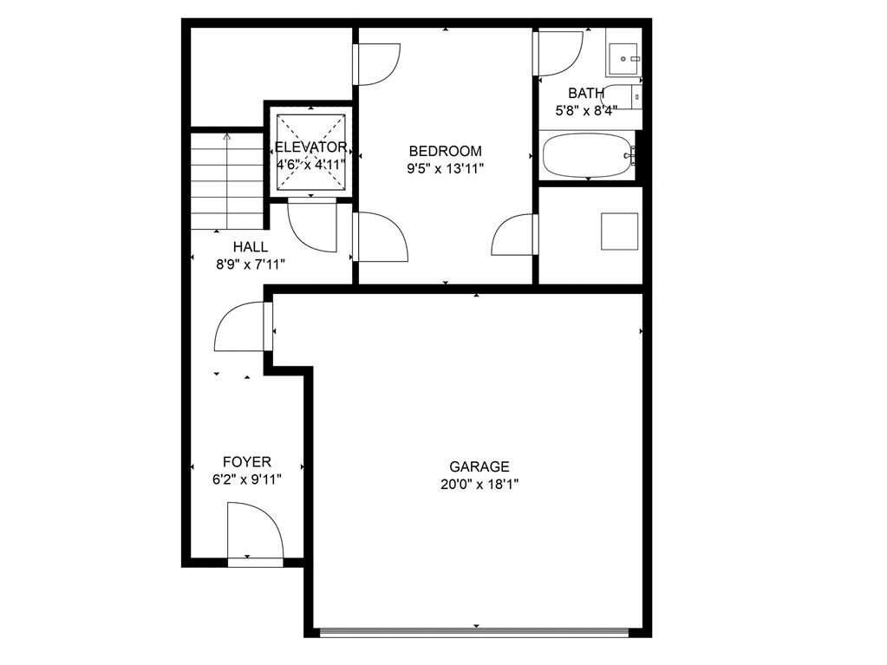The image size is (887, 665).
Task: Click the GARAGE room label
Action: point(479,466)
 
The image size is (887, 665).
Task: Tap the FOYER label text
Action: point(246,462)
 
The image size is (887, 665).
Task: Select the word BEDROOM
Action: point(445,151)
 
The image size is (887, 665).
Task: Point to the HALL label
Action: point(250,247)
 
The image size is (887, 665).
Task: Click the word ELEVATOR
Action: point(310,147)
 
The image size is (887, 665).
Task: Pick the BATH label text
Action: point(586,93)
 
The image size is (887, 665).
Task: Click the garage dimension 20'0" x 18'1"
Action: point(479,485)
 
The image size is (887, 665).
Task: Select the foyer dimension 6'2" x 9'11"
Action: point(246,480)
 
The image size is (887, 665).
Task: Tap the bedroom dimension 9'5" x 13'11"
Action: point(445,169)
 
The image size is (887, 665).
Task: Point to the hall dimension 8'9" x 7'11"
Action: point(250,264)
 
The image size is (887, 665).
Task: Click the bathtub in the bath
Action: point(589,154)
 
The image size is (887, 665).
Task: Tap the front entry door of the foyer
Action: point(255,533)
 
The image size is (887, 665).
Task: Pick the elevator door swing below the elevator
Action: point(312,225)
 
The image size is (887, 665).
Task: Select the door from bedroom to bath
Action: point(558,54)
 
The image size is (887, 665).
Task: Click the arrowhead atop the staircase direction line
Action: point(227,136)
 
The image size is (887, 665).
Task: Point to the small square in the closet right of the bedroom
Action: point(619,231)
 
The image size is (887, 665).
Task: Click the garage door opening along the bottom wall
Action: point(474,632)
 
